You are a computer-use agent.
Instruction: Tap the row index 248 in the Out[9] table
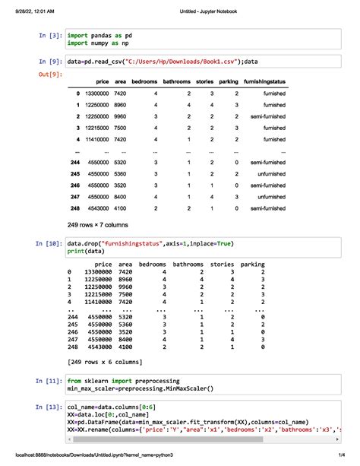click(74, 208)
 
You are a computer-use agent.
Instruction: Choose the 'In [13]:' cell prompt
click(49, 407)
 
